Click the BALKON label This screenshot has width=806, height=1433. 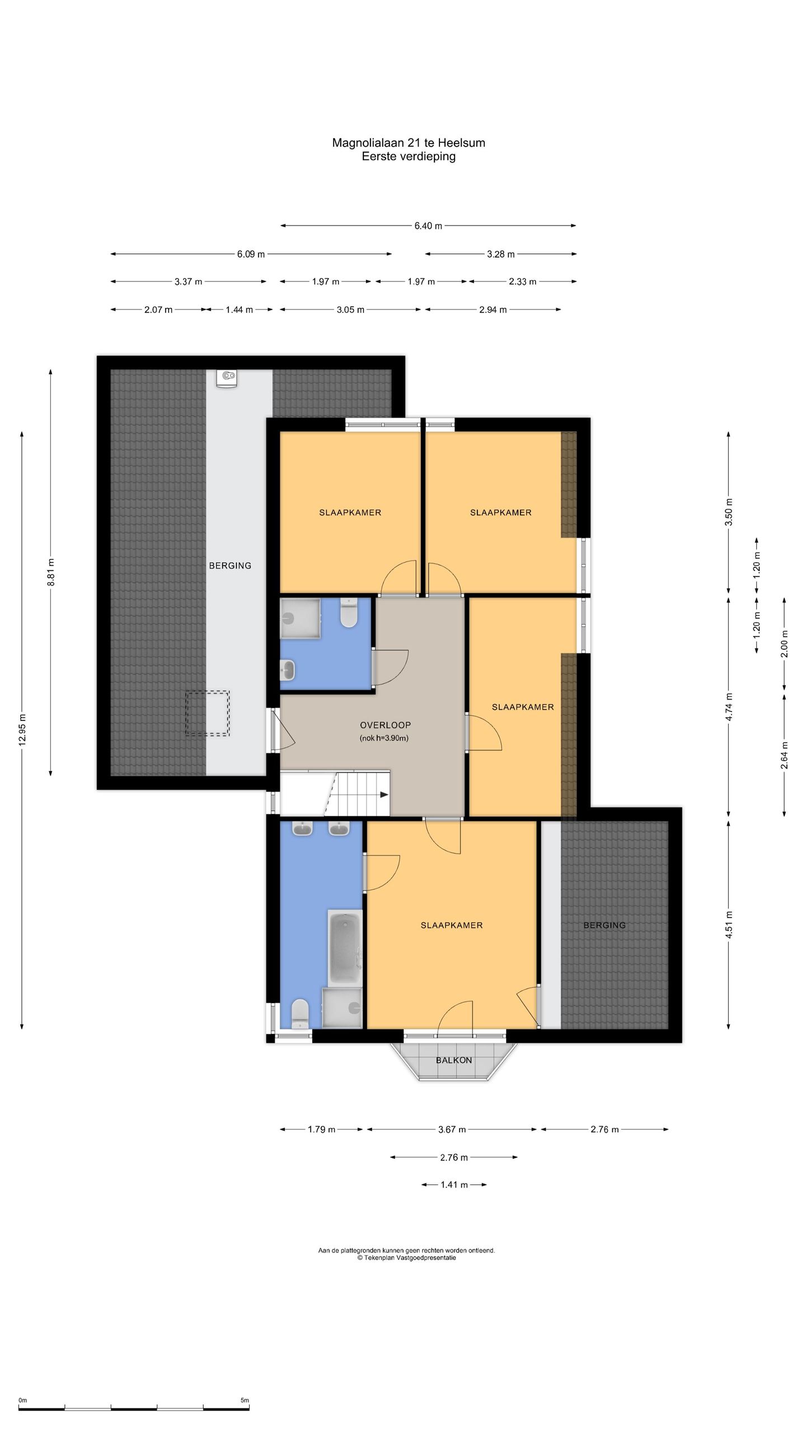pyautogui.click(x=454, y=1060)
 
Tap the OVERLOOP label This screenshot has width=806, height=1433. pyautogui.click(x=385, y=725)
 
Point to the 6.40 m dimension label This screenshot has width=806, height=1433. pyautogui.click(x=428, y=226)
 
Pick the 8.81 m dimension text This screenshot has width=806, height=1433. pyautogui.click(x=51, y=572)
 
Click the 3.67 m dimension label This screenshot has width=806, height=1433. pyautogui.click(x=452, y=1130)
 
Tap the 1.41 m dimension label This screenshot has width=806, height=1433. pyautogui.click(x=454, y=1184)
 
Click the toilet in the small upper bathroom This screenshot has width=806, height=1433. pyautogui.click(x=348, y=613)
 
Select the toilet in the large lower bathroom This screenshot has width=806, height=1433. pyautogui.click(x=301, y=1013)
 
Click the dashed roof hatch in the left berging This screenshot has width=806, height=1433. pyautogui.click(x=208, y=713)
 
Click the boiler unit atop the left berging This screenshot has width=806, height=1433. pyautogui.click(x=227, y=378)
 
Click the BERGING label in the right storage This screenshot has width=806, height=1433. pyautogui.click(x=604, y=925)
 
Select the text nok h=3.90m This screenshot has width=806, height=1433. pyautogui.click(x=384, y=738)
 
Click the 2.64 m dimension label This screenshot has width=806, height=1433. pyautogui.click(x=784, y=755)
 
